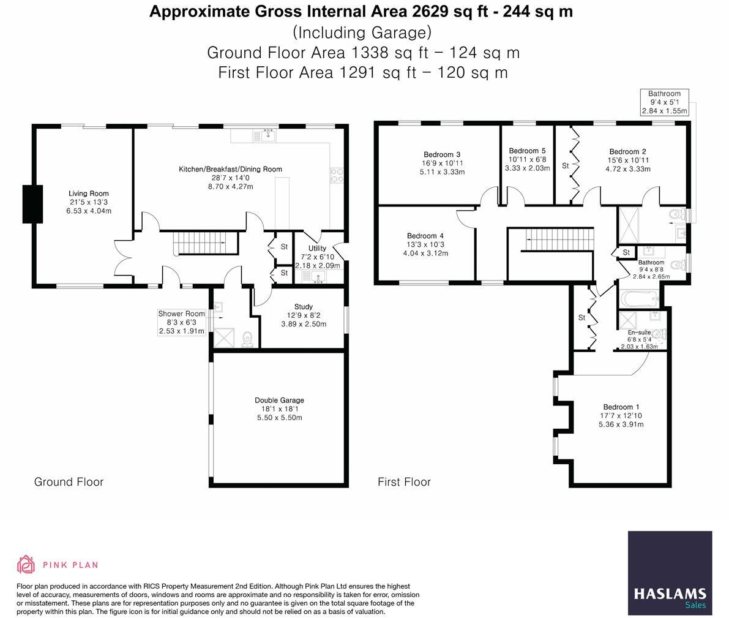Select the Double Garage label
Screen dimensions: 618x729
tap(279, 401)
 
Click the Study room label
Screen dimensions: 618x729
tap(303, 307)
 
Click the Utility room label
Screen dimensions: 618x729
tap(317, 249)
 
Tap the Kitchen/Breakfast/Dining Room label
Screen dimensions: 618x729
tap(230, 169)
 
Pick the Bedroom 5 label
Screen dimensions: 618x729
tap(526, 151)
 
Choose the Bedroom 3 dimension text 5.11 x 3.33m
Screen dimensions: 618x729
tap(441, 172)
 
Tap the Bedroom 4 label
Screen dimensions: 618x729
tap(425, 236)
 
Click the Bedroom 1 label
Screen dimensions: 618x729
tap(621, 407)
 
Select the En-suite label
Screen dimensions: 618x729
tap(640, 331)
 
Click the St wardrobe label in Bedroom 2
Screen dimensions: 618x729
tap(565, 166)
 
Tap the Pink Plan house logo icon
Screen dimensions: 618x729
tap(26, 564)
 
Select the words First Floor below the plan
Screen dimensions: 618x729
tap(404, 482)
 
